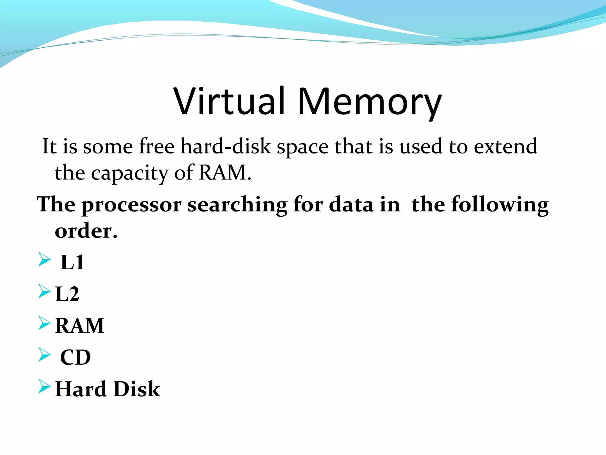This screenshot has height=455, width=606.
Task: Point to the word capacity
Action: pos(129,173)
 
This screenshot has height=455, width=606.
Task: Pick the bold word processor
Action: pos(131,205)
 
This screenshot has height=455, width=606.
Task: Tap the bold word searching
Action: pos(237,205)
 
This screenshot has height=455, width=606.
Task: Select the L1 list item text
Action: pos(72,262)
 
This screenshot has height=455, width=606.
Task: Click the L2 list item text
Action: pos(67,294)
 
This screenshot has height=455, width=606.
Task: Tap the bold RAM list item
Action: pos(80,326)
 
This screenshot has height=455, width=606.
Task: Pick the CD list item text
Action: pos(75,358)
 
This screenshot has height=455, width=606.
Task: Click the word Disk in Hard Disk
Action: pos(137,389)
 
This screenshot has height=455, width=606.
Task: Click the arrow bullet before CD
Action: pos(44,355)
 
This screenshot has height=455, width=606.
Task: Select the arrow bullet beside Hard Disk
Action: pos(44,386)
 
